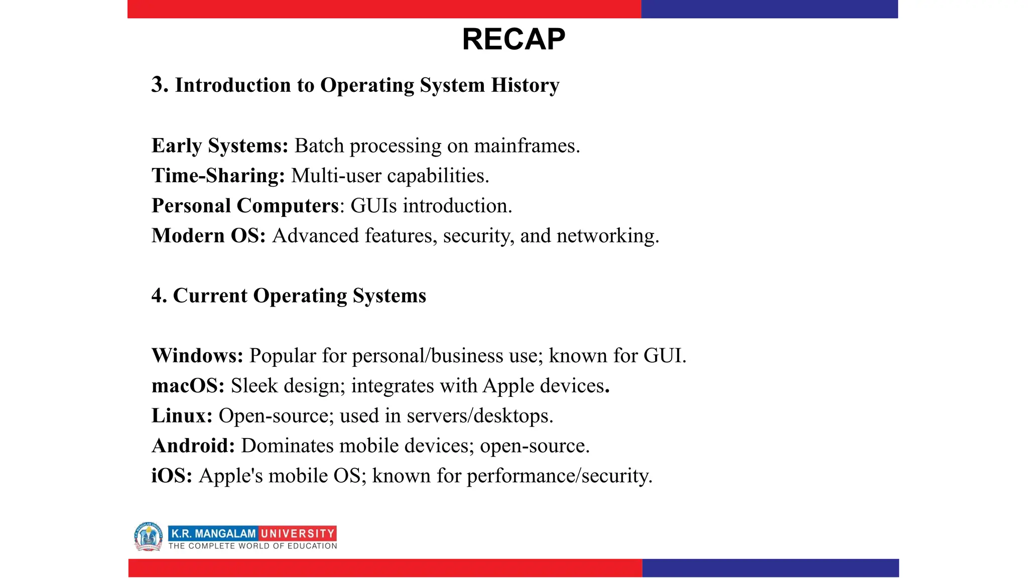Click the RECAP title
click(513, 39)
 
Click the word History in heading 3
click(525, 85)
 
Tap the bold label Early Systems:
click(220, 146)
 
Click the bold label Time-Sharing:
click(218, 176)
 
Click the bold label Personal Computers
click(245, 206)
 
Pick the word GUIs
click(373, 206)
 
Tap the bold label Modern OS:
click(208, 236)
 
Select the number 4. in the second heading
click(159, 296)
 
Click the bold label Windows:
click(197, 356)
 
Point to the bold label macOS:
click(188, 386)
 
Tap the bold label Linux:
click(182, 416)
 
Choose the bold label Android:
click(193, 446)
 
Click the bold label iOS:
click(172, 476)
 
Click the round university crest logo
click(149, 536)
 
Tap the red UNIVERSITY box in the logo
click(297, 533)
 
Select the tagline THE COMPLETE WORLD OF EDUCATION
click(252, 546)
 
